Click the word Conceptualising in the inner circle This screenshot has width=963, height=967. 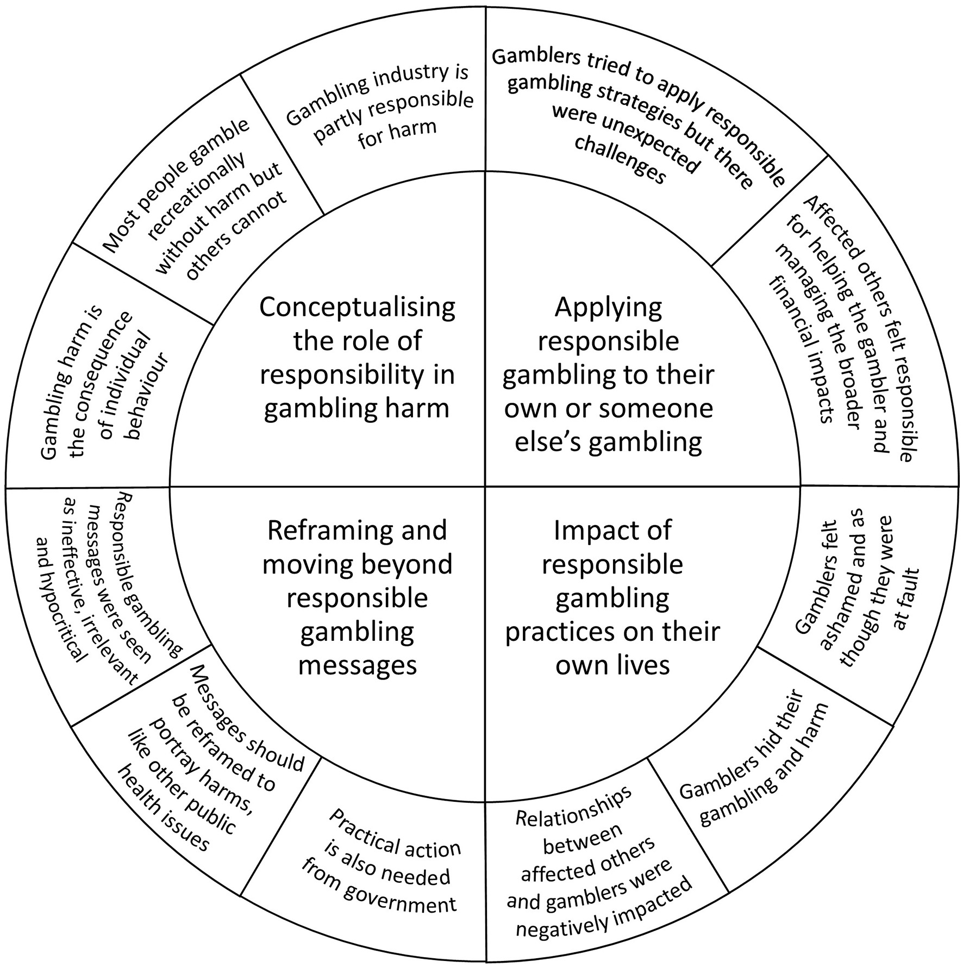(357, 308)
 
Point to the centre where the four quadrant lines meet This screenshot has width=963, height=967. (485, 486)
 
